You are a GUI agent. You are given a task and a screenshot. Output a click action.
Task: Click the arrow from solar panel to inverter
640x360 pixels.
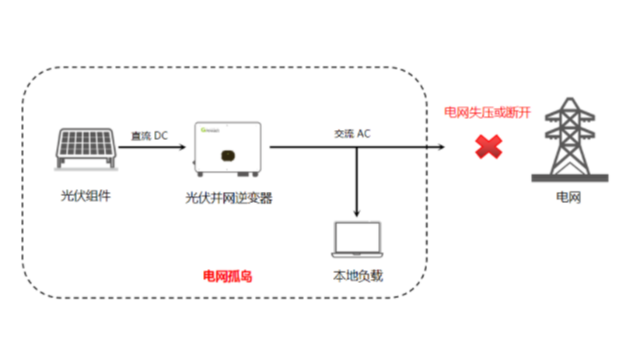point(156,147)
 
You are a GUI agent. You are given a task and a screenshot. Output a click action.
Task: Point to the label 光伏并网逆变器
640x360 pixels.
point(229,198)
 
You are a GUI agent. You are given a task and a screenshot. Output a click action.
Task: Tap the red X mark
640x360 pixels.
point(487,148)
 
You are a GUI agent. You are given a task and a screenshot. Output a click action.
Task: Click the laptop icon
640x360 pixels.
point(357,240)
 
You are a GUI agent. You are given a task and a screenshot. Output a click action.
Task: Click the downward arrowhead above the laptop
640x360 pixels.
point(357,214)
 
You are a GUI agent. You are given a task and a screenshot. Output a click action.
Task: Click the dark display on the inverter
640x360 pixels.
point(228,155)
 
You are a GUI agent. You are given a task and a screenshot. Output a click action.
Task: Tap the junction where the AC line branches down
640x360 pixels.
point(357,148)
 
